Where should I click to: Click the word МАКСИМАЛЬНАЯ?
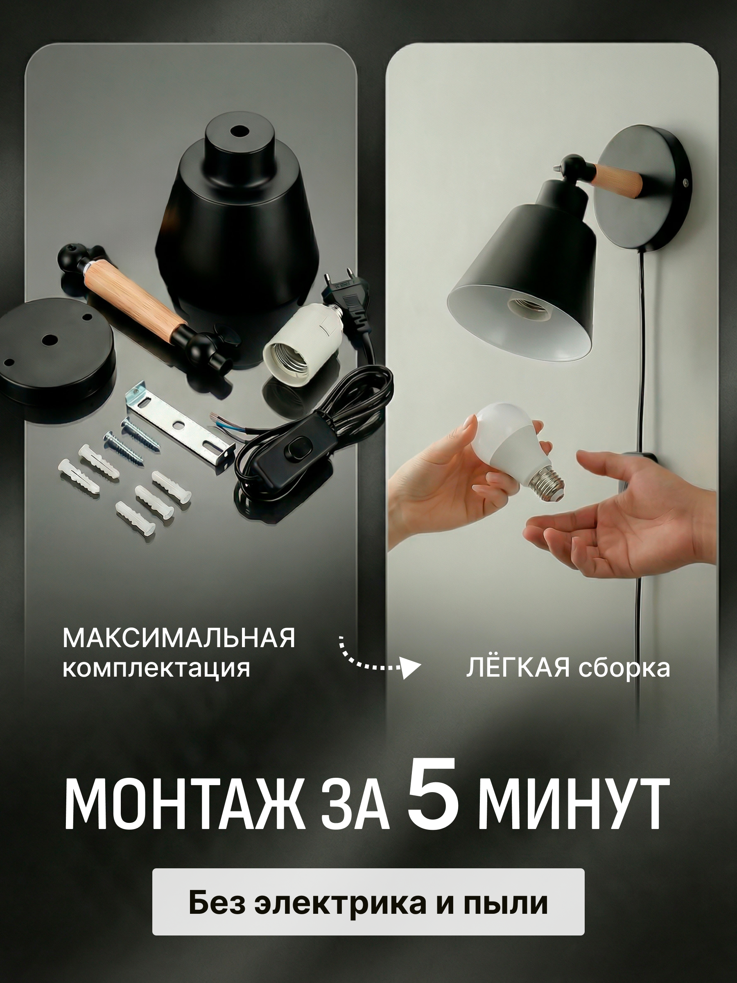click(179, 639)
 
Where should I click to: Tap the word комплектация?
click(156, 669)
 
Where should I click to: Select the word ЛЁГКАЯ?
click(518, 668)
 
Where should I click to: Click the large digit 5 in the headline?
click(434, 801)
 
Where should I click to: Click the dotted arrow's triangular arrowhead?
click(411, 668)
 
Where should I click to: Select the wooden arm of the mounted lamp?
click(618, 177)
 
